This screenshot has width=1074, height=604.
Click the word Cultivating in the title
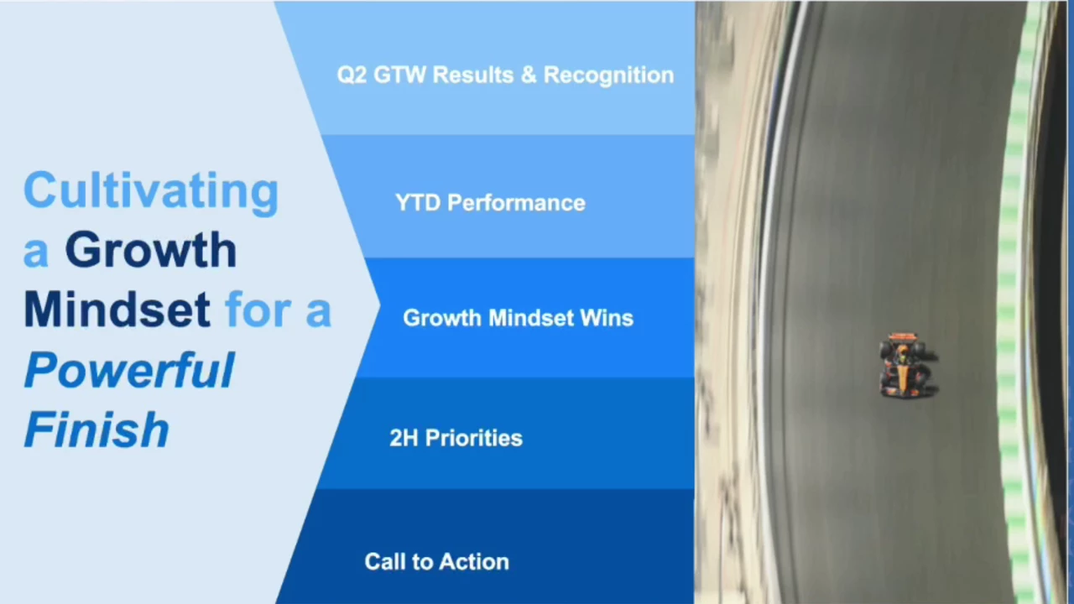tap(151, 193)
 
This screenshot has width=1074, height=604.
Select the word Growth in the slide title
tap(151, 250)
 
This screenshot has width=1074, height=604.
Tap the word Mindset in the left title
tap(117, 310)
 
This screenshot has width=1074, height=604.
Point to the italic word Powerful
tap(129, 369)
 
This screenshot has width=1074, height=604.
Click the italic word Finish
tap(96, 429)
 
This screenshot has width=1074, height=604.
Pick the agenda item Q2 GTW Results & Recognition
tap(505, 75)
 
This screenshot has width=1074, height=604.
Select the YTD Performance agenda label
tap(490, 203)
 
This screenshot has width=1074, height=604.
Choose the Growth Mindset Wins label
tap(518, 318)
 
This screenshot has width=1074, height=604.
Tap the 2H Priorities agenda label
tap(456, 438)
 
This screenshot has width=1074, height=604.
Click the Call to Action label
tap(436, 562)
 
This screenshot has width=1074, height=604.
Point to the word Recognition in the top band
tap(608, 75)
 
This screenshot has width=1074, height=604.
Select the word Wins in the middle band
tap(607, 318)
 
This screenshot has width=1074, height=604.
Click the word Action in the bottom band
tap(474, 562)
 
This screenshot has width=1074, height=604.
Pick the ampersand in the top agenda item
tap(528, 75)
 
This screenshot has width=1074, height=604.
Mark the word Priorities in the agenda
tap(474, 438)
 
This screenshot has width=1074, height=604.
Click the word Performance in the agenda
tap(516, 204)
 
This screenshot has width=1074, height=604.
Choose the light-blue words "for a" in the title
tap(278, 310)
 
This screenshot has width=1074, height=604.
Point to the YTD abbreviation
tap(418, 203)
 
